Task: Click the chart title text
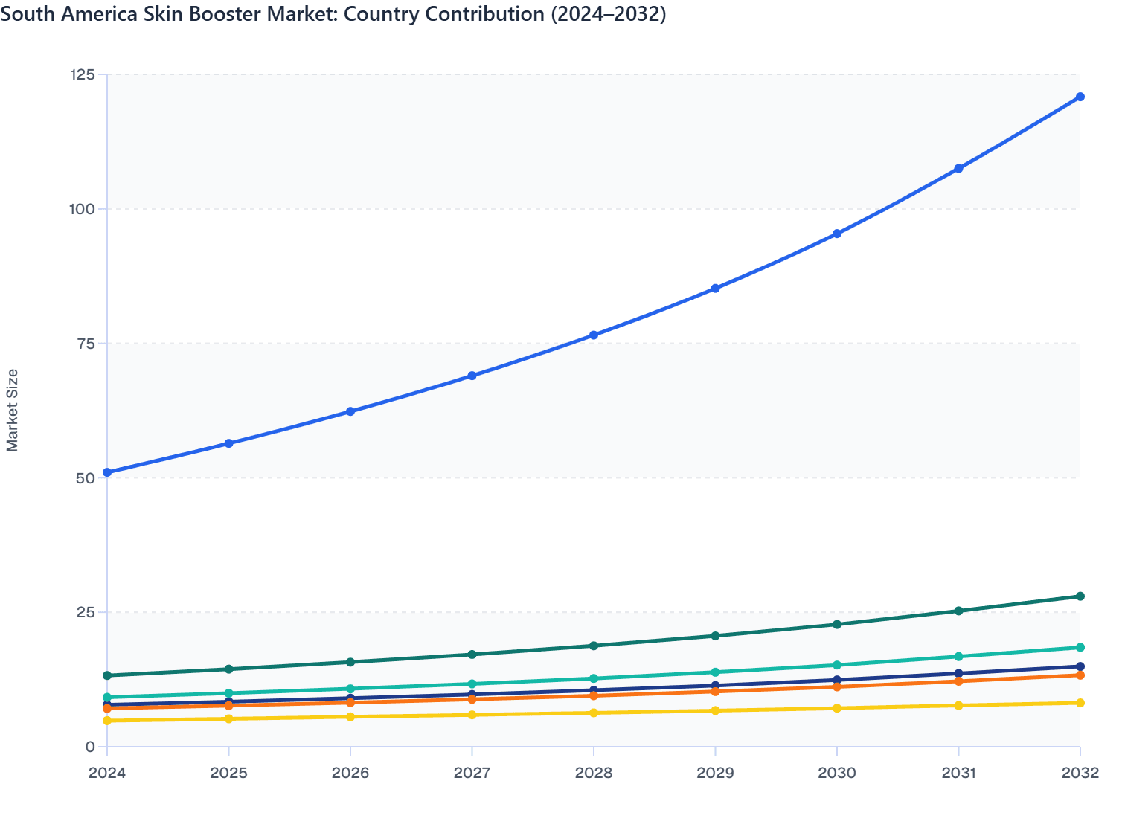pos(333,14)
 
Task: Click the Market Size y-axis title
pos(13,410)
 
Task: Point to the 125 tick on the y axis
pos(82,74)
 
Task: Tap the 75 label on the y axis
pos(86,344)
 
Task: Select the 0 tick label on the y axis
pos(90,747)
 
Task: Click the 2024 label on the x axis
pos(107,773)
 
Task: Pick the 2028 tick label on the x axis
pos(594,773)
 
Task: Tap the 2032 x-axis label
pos(1080,773)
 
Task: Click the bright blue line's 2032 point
pos(1080,97)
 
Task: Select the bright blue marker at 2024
pos(107,472)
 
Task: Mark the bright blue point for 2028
pos(594,335)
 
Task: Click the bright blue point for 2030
pos(837,234)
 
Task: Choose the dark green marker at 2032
pos(1080,596)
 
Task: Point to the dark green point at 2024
pos(107,675)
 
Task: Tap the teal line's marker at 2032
pos(1080,648)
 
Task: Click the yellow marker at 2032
pos(1080,703)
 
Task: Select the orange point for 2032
pos(1080,675)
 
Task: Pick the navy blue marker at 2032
pos(1080,666)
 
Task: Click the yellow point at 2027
pos(472,715)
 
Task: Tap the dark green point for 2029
pos(715,636)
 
